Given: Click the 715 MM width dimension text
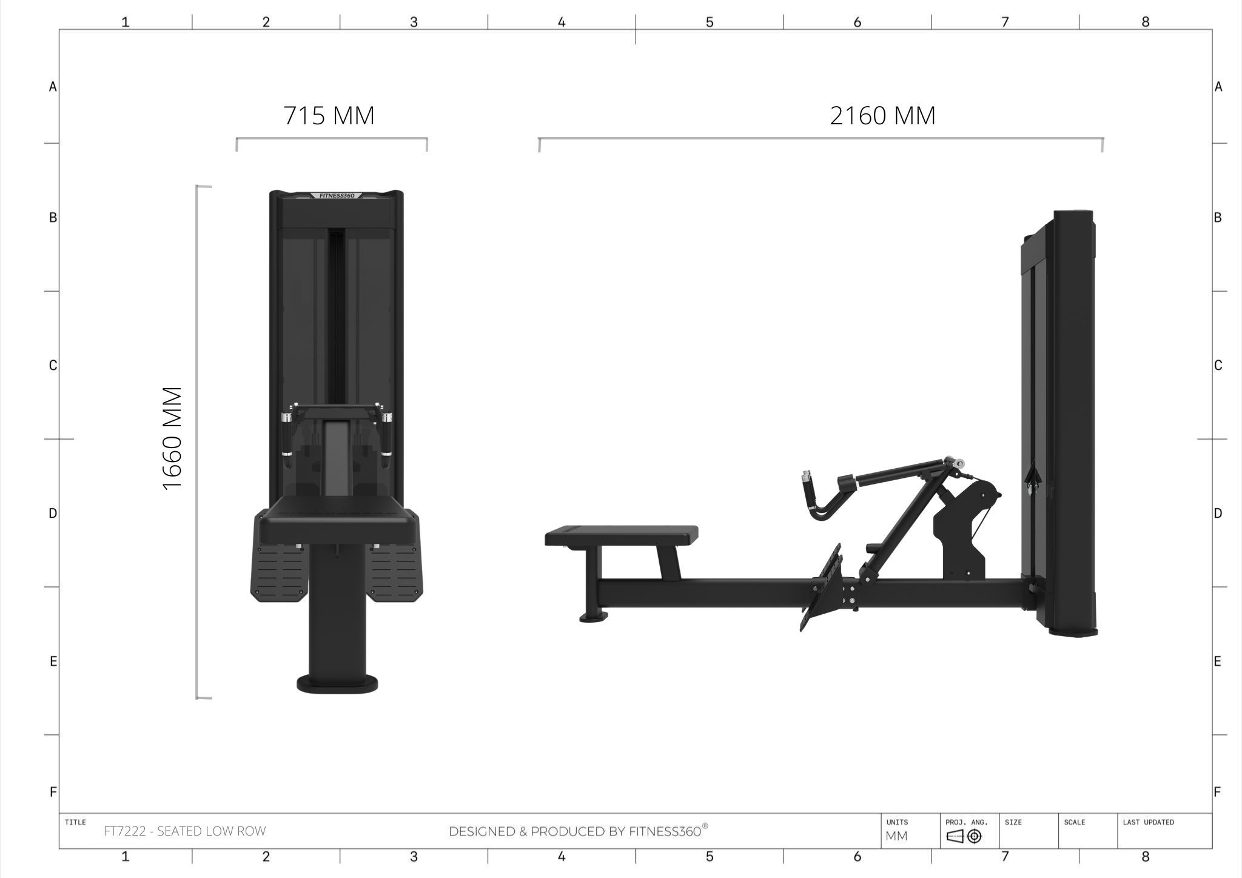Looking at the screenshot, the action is (x=329, y=115).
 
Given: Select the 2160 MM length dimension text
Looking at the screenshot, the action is (x=882, y=115).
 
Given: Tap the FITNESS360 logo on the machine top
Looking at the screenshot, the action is (x=337, y=195).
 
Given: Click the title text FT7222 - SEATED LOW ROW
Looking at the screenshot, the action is (x=184, y=831).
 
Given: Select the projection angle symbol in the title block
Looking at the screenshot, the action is (x=964, y=837).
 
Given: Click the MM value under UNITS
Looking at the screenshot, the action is (x=896, y=836).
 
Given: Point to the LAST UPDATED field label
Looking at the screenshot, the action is (x=1148, y=822).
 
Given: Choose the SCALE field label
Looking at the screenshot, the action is (x=1074, y=822).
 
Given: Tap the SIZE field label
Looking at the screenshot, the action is (x=1013, y=822).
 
